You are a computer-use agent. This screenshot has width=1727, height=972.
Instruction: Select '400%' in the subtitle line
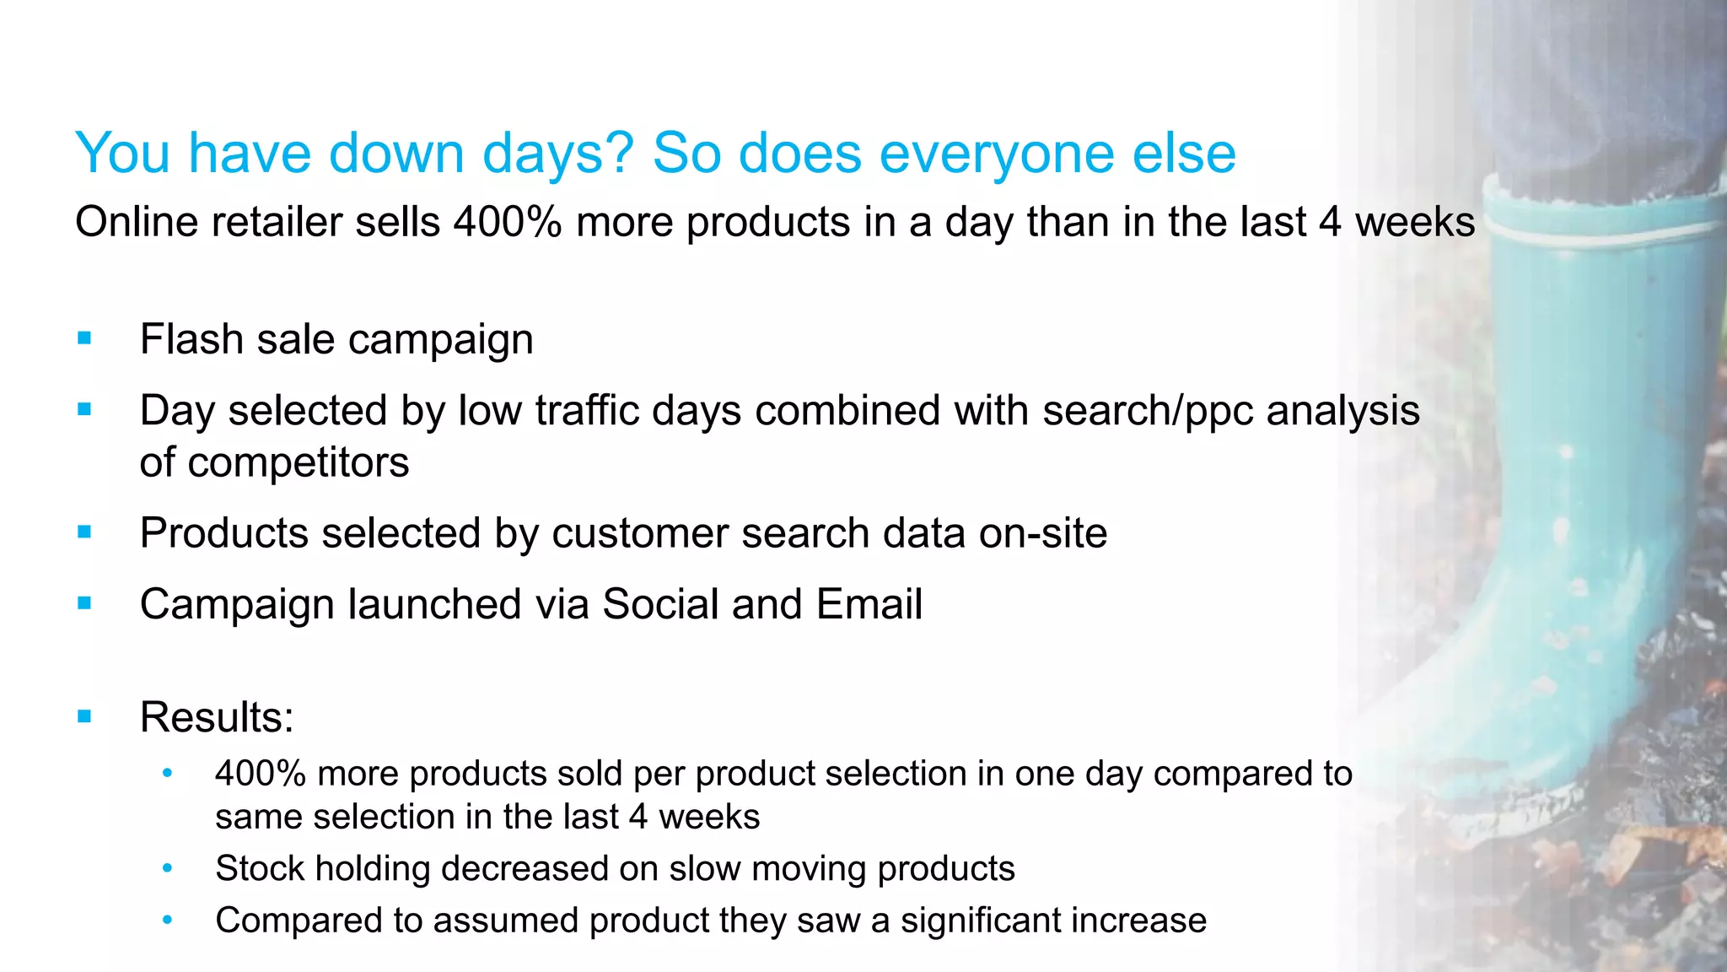pyautogui.click(x=508, y=223)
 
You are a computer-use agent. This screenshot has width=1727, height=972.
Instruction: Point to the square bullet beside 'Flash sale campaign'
pyautogui.click(x=83, y=339)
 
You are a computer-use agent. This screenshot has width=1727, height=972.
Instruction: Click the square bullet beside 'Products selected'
pyautogui.click(x=83, y=532)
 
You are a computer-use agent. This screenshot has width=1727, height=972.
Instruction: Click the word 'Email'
pyautogui.click(x=869, y=604)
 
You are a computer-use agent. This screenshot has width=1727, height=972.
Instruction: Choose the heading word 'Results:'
pyautogui.click(x=217, y=717)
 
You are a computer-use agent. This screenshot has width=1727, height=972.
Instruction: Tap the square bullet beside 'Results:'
pyautogui.click(x=83, y=717)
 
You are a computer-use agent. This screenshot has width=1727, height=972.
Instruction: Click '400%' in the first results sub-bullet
pyautogui.click(x=260, y=774)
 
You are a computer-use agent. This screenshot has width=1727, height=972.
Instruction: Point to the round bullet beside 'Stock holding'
pyautogui.click(x=168, y=867)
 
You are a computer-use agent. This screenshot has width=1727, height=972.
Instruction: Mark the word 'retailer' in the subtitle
pyautogui.click(x=277, y=223)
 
